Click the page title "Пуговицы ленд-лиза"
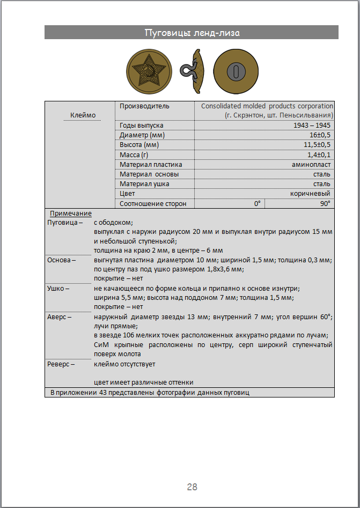pos(192,33)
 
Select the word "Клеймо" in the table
pos(83,115)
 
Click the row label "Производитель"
pos(144,106)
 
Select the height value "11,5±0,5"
pos(317,145)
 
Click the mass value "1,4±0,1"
pos(319,154)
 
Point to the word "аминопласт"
pos(311,165)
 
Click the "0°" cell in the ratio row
pos(257,204)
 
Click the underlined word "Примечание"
pos(71,213)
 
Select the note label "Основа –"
pos(62,260)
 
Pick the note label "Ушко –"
pos(58,289)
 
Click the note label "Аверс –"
pos(60,317)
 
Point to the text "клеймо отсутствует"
pos(124,364)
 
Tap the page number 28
pos(192,487)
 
